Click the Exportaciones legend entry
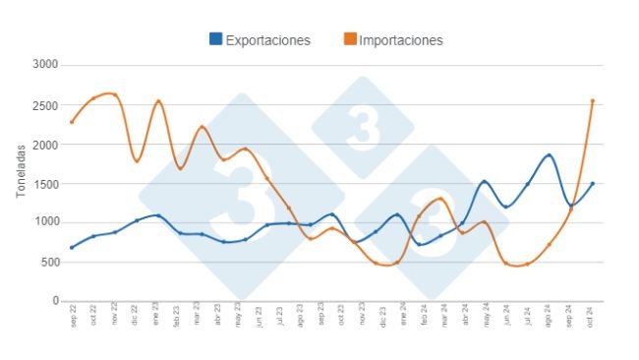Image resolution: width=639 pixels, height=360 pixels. tap(267, 40)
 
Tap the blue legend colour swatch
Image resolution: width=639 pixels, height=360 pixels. tap(215, 40)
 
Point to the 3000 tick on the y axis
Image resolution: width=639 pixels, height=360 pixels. tap(45, 65)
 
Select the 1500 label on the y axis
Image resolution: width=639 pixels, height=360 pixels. tap(45, 184)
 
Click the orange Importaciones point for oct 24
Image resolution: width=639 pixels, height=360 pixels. tap(592, 100)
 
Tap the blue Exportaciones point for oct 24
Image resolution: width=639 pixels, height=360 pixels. tap(592, 183)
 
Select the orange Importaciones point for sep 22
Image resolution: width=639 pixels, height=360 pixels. tap(72, 122)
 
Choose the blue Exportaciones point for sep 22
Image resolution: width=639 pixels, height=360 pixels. tap(72, 248)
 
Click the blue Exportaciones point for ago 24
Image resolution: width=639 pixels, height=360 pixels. tap(549, 155)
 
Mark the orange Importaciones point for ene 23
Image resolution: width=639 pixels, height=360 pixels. tap(158, 101)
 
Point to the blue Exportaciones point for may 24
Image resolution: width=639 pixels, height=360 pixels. tap(484, 182)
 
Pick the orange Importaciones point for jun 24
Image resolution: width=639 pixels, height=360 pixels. tap(505, 263)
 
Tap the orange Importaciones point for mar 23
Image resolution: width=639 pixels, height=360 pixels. tap(202, 127)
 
